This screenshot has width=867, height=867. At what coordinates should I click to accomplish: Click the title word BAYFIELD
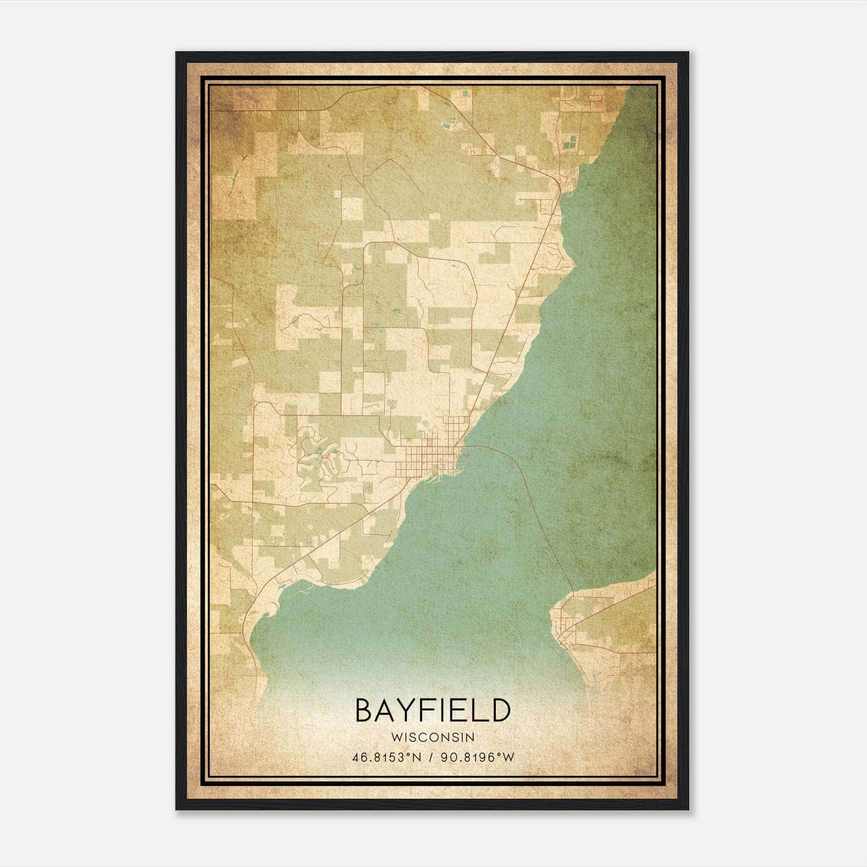point(432,710)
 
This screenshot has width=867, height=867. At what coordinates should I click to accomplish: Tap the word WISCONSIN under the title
point(432,737)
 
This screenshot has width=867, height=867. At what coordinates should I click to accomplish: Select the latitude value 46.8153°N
point(386,758)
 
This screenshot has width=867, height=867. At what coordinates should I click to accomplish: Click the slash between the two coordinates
point(431,758)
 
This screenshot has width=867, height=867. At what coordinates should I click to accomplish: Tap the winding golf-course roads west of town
point(320,461)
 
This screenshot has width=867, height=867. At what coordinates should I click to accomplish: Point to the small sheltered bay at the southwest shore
point(271,607)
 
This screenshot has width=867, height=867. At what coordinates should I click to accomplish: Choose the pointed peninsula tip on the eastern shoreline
point(573,266)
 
